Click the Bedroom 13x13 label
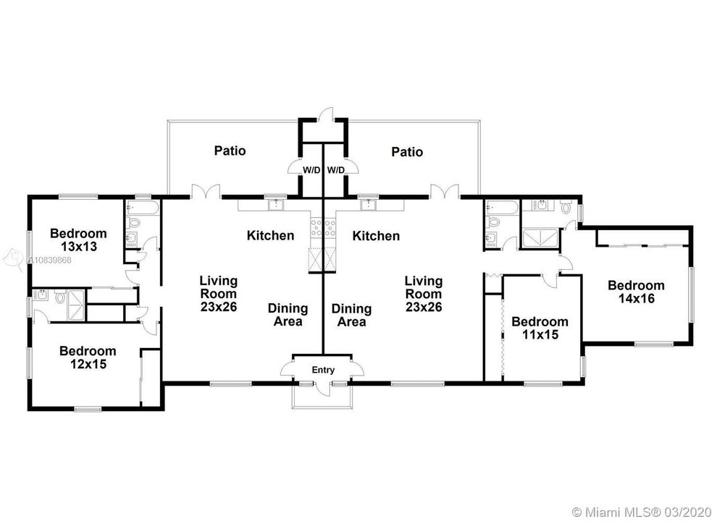click(x=78, y=240)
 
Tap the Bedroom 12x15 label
click(x=88, y=357)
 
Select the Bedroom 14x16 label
click(x=636, y=292)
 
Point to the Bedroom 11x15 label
click(x=540, y=328)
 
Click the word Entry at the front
click(x=323, y=370)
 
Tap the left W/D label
click(x=311, y=171)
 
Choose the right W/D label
click(x=335, y=171)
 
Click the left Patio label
click(x=230, y=151)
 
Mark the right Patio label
click(x=407, y=151)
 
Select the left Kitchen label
click(x=270, y=235)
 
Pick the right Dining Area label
click(x=351, y=315)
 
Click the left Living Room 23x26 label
click(x=219, y=293)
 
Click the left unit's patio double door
click(x=206, y=192)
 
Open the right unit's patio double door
click(x=444, y=192)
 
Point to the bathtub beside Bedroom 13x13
click(x=142, y=208)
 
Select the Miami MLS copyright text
click(x=642, y=511)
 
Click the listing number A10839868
click(x=50, y=260)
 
